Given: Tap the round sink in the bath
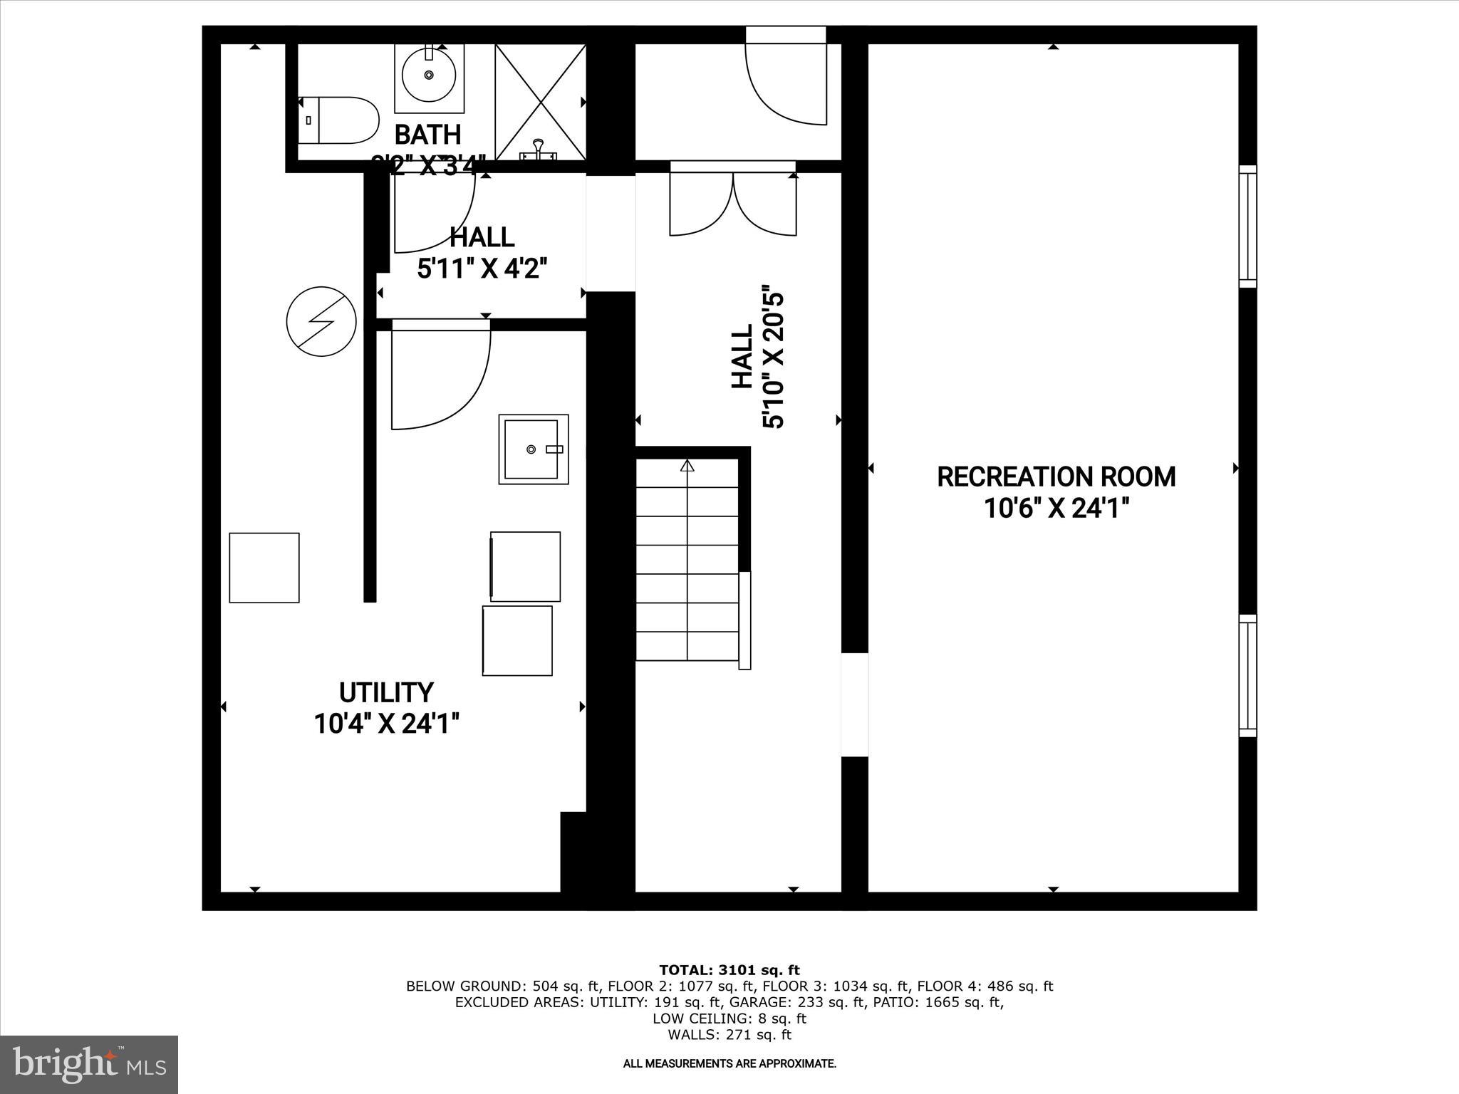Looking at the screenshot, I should pos(429,75).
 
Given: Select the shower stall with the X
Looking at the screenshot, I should pos(541,101).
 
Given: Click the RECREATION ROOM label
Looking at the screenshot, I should pos(1056,476).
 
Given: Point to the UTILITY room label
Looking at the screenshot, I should pos(386,692).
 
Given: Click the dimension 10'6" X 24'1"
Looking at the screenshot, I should pos(1056,509).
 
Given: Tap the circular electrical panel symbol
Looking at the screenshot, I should pos(321,321).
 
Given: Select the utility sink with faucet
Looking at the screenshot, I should pos(533,449).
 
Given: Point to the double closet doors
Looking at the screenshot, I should pos(733,203).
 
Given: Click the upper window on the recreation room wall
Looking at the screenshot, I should pos(1247,226).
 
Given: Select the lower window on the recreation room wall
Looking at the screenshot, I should pos(1247,675).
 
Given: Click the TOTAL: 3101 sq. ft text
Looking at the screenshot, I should pos(729,970).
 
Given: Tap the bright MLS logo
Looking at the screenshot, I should pos(89,1064).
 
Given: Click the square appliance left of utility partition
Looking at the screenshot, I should pos(264,568).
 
